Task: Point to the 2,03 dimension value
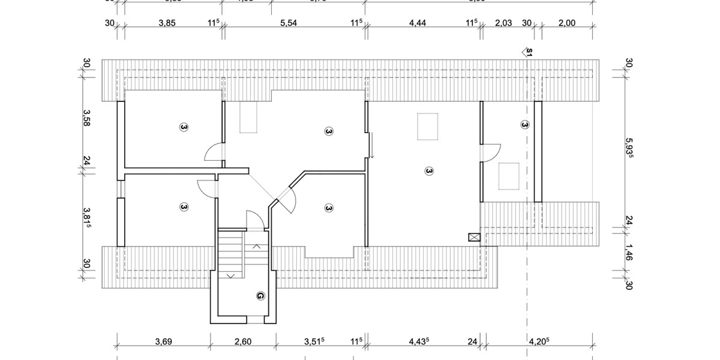point(503,23)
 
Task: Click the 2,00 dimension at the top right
point(566,23)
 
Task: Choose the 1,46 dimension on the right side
point(629,251)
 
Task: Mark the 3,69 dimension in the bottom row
point(163,342)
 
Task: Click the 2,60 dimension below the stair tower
point(242,342)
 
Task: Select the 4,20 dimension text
point(538,342)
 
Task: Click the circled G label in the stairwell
point(260,296)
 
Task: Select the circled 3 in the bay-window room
point(328,208)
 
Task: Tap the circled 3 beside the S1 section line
point(525,125)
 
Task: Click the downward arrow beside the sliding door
point(372,148)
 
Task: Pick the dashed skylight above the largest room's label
point(428,127)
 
